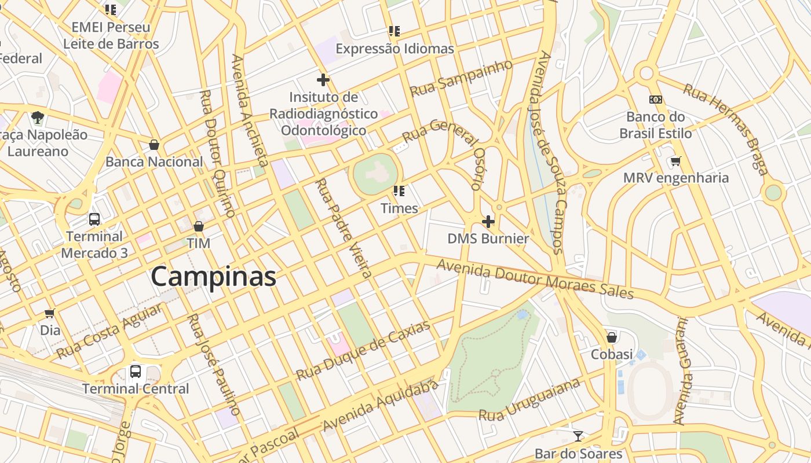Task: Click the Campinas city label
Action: coord(213,277)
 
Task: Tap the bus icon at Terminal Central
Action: coord(136,372)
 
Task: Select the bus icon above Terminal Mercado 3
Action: coord(94,219)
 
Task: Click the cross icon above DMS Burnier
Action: coord(488,222)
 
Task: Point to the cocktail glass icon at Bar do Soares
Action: coord(578,436)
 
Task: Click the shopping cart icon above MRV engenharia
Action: coord(675,161)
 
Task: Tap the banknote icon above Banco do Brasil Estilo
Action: coord(656,100)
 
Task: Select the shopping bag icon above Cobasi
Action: coord(611,337)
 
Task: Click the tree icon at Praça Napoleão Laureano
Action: coord(38,118)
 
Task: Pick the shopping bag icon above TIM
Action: coord(199,226)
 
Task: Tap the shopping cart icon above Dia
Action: coord(50,313)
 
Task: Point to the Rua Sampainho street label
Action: coord(461,78)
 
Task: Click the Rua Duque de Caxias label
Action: coord(363,351)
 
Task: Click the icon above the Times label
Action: coord(399,190)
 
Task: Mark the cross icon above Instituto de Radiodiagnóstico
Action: coord(323,80)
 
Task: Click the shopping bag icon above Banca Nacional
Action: coord(154,145)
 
